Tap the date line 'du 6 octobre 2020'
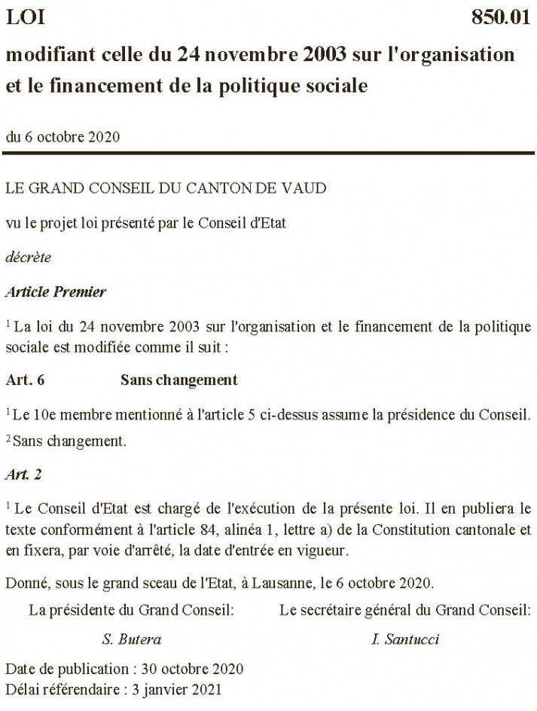coord(62,137)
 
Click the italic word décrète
coord(28,257)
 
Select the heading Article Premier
coord(56,291)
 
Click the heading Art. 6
coord(25,380)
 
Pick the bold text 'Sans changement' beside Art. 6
coord(178,380)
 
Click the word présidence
coord(412,415)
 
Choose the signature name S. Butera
coord(131,640)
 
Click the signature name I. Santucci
coord(405,640)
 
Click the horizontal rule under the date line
coord(268,154)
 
